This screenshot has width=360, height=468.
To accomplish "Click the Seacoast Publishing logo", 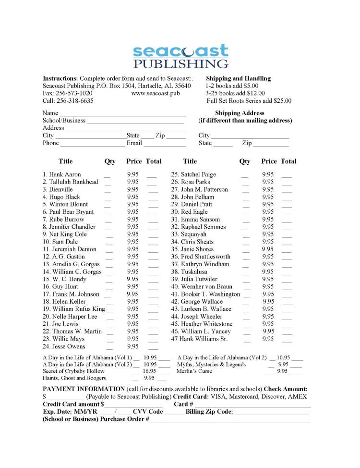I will (x=180, y=56).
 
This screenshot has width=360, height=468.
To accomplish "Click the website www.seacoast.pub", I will (x=156, y=93).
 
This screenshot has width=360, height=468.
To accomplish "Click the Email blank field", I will (x=165, y=144).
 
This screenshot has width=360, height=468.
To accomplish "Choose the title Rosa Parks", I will (x=195, y=182).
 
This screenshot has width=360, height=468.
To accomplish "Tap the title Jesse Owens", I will (x=67, y=346).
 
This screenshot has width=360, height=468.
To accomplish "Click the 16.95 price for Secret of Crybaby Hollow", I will (x=149, y=371).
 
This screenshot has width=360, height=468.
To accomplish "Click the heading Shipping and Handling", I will (x=238, y=78).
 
